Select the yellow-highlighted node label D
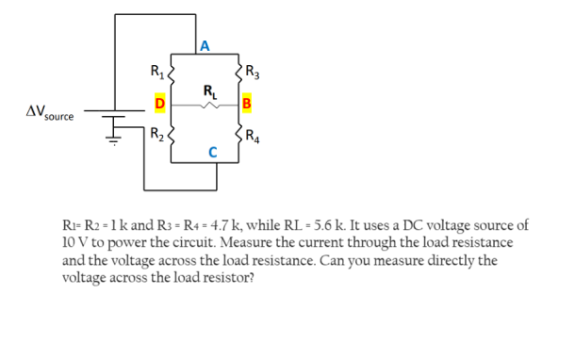coord(160,102)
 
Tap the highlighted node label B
coord(247,102)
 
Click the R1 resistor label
coord(156,67)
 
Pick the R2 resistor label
coord(156,132)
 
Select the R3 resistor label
coord(253,68)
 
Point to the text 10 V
coord(74,241)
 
